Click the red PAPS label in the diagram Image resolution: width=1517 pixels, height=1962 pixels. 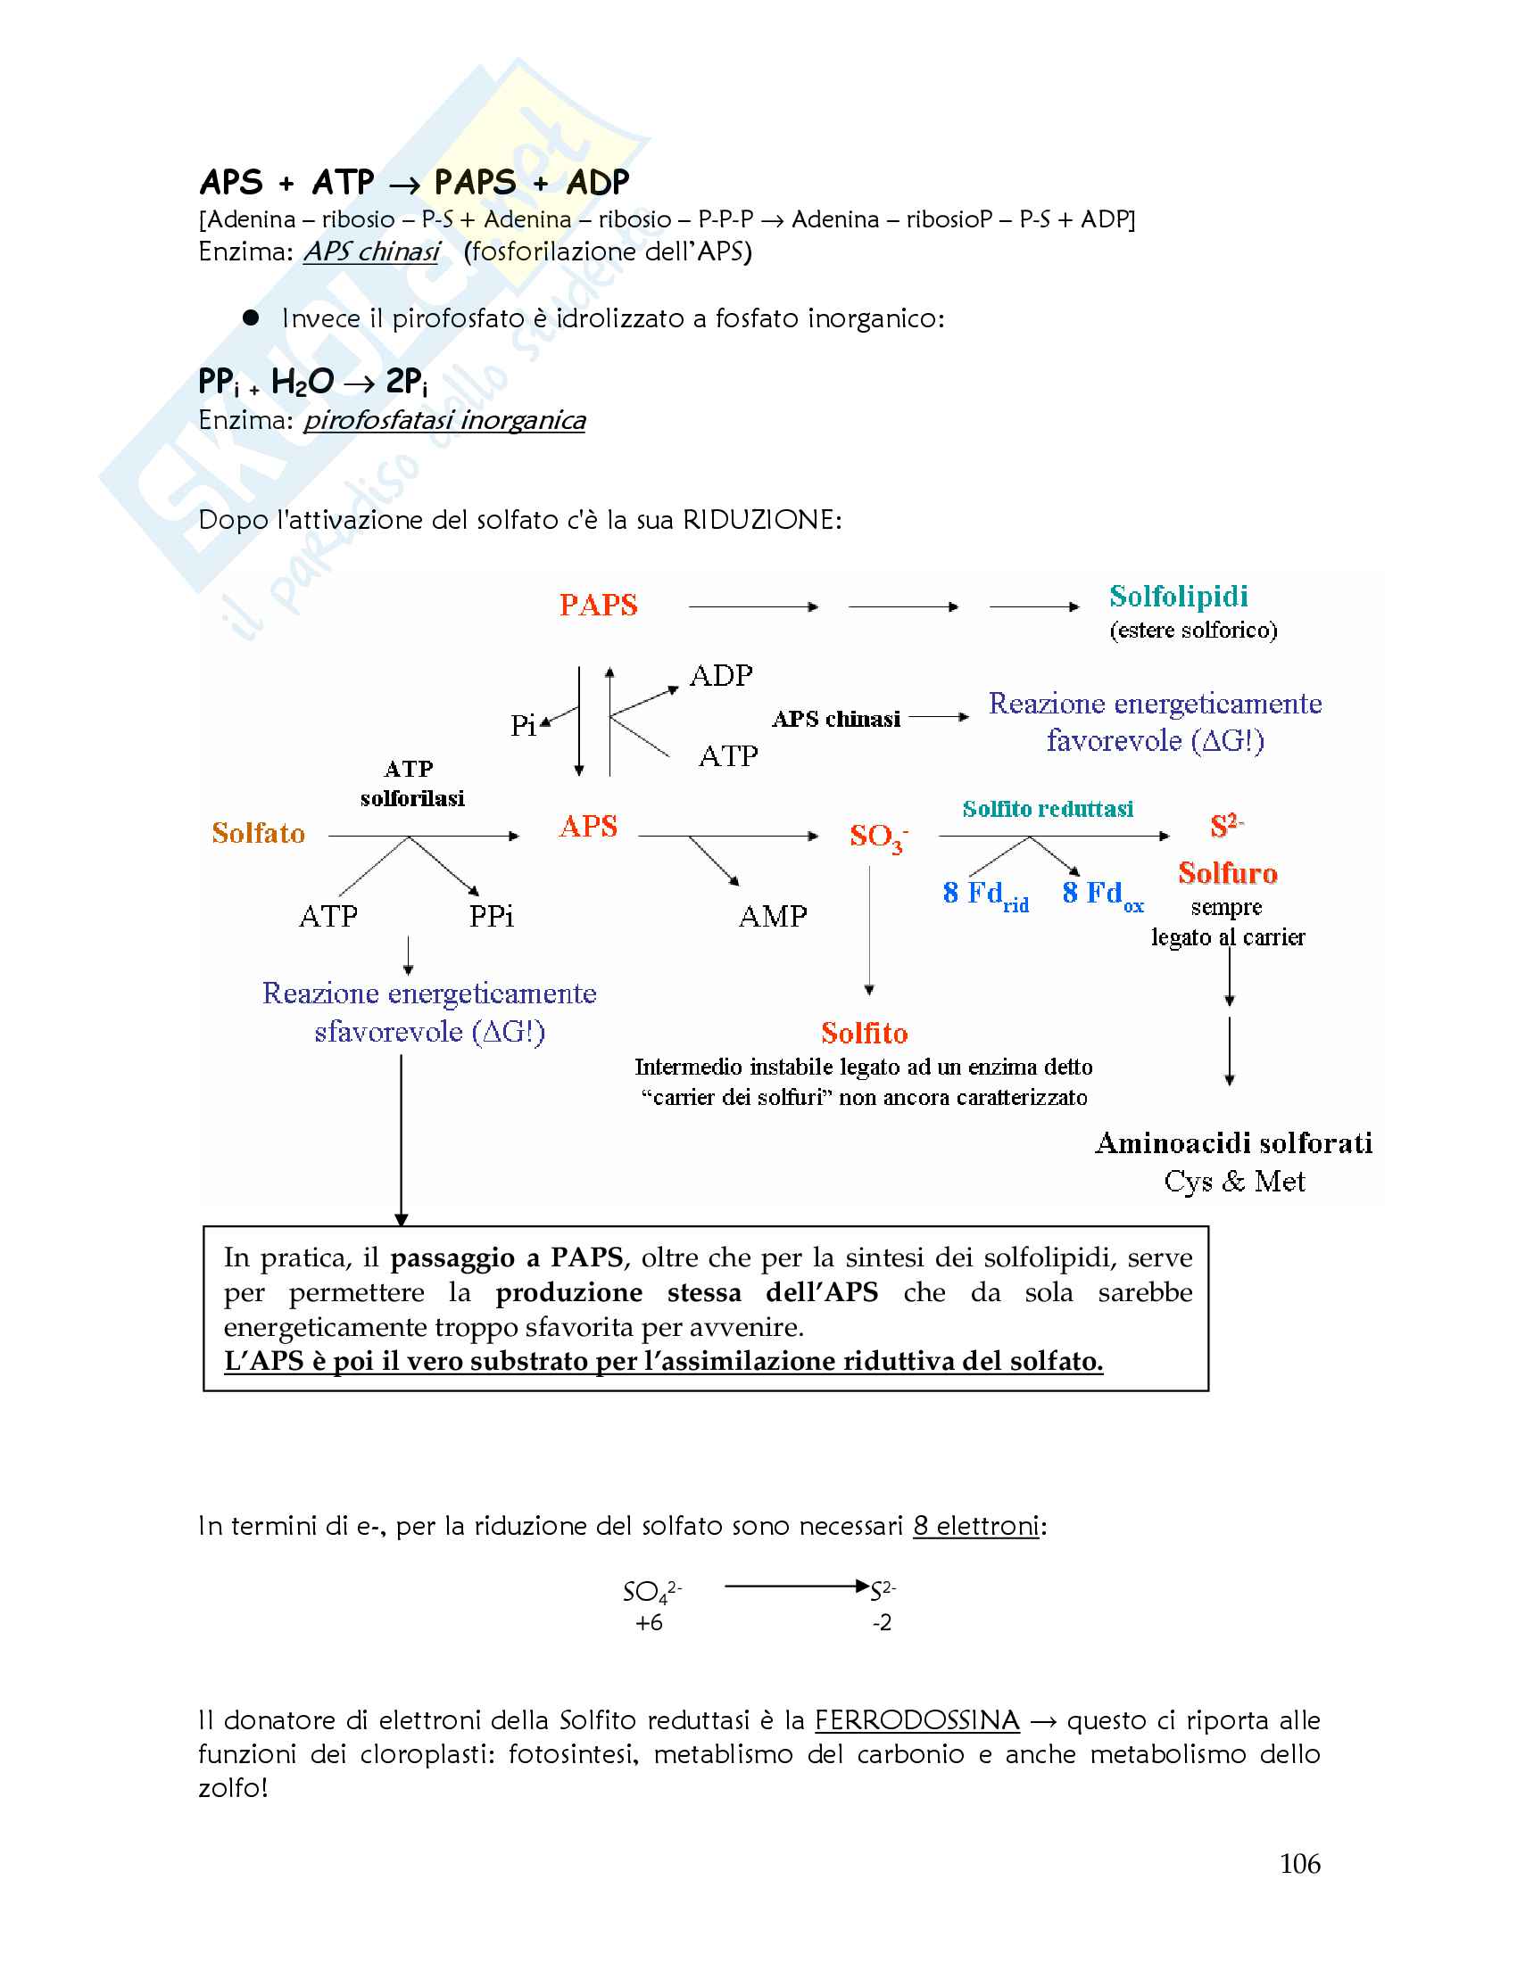pos(598,606)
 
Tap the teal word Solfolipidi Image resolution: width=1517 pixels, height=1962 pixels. pos(1177,597)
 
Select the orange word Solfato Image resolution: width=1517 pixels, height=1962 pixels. pos(258,834)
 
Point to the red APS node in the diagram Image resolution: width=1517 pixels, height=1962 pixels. pos(588,827)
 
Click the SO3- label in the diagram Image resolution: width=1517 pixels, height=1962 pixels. pos(877,837)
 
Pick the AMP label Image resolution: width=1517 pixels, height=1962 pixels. pos(772,916)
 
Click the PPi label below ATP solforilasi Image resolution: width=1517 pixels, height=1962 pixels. pos(491,916)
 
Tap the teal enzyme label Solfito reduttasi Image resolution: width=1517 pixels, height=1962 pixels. pos(1047,810)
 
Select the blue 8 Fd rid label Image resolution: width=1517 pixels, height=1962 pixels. pos(985,894)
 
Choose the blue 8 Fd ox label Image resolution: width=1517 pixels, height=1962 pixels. pos(1102,894)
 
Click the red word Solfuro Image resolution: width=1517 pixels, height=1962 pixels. pos(1227,873)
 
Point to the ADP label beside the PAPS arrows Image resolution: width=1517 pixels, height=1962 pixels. pos(721,676)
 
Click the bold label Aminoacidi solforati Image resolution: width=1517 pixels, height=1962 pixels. pos(1233,1142)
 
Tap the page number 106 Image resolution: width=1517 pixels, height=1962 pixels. pos(1298,1864)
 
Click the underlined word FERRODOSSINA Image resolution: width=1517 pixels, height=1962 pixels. pos(916,1720)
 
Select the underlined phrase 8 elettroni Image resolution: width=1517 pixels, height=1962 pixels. pos(975,1526)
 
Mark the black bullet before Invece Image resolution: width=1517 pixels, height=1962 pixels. pos(251,318)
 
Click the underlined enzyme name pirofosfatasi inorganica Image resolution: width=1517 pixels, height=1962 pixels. pos(444,420)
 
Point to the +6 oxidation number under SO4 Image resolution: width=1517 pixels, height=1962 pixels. pos(648,1622)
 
